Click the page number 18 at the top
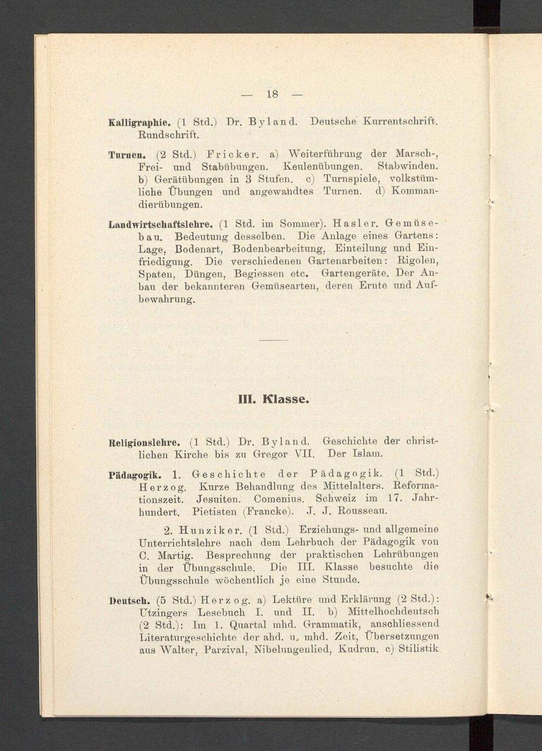click(272, 94)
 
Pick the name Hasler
click(351, 223)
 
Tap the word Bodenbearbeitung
click(278, 249)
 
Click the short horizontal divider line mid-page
click(273, 340)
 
